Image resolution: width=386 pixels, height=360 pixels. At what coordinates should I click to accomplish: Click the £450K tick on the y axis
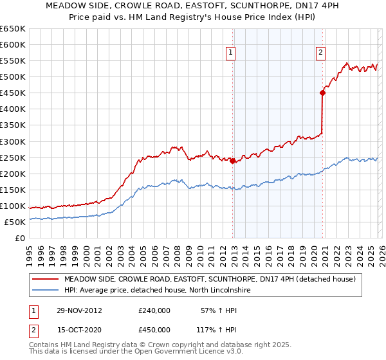[12, 93]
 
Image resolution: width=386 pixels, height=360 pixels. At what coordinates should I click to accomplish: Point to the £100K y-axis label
[12, 206]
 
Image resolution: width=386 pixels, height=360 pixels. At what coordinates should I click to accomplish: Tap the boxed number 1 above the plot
[230, 53]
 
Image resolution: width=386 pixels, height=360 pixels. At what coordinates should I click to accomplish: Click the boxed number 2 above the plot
[320, 53]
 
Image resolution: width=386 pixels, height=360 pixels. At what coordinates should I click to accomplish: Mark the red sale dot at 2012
[232, 161]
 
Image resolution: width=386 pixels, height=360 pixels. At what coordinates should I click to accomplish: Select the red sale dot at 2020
[322, 93]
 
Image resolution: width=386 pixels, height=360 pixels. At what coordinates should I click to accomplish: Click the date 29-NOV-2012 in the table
[79, 310]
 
